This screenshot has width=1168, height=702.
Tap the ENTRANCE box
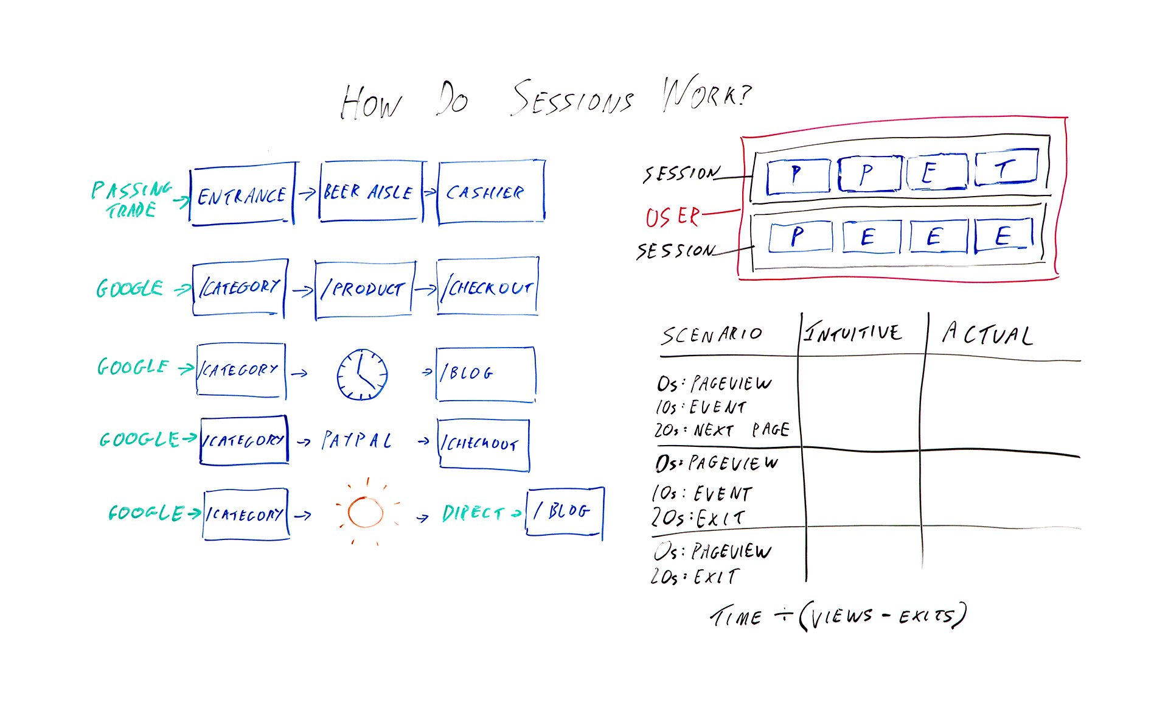coord(242,194)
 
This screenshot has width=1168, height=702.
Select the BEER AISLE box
coord(370,192)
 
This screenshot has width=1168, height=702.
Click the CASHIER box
coord(490,192)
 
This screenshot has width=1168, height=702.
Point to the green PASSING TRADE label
coord(131,199)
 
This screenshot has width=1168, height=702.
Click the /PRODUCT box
coord(364,289)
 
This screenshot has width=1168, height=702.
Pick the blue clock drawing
coord(362,374)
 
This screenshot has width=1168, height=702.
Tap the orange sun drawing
coord(366,512)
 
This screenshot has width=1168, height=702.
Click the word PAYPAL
coord(356,440)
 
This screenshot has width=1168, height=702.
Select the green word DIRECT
coord(473,513)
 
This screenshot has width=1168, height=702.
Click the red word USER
coord(672,217)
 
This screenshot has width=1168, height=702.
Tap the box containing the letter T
coord(1006,168)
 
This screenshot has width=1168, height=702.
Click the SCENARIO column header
coord(711,334)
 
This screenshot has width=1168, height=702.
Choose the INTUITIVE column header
coord(853,332)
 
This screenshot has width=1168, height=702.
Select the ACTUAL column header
coord(987,334)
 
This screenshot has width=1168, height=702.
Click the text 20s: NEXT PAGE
coord(721,430)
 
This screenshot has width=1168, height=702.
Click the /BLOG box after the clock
coord(485,374)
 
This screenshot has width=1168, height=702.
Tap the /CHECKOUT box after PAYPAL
coord(484,444)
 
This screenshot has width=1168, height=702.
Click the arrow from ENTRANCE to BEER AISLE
coord(307,193)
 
